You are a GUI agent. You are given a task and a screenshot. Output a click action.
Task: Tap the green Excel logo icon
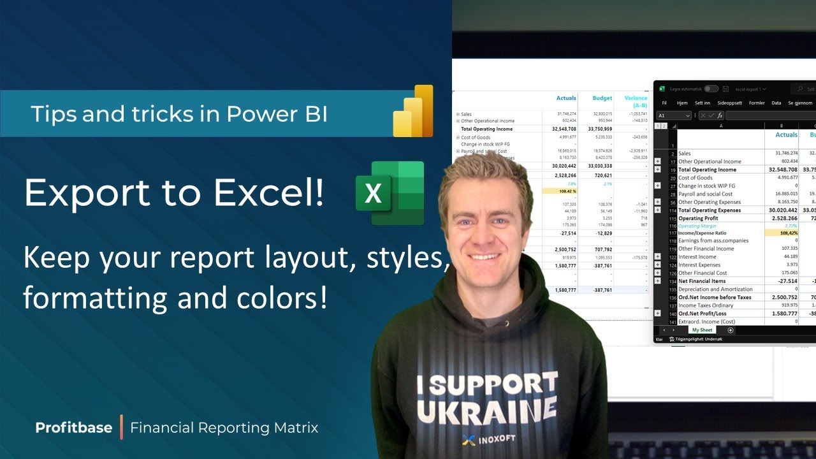tap(390, 193)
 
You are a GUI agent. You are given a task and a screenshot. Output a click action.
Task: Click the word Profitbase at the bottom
tap(73, 427)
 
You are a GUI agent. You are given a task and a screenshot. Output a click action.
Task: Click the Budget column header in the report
tap(602, 98)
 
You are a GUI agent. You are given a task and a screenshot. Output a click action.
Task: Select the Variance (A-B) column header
tap(636, 101)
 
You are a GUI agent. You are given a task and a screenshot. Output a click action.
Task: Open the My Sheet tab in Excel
tap(702, 330)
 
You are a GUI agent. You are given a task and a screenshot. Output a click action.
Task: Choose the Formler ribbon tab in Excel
tap(757, 103)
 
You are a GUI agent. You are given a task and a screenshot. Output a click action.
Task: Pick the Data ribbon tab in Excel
tap(776, 103)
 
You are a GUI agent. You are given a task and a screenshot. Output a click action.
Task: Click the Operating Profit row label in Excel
tap(700, 218)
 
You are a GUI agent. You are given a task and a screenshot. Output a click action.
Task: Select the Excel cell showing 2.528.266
tap(782, 218)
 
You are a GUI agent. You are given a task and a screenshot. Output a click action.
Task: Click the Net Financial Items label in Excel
tap(702, 281)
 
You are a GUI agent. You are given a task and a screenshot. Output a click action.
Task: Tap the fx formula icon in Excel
tap(719, 115)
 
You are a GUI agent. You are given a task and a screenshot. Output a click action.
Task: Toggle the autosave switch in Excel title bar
tap(711, 89)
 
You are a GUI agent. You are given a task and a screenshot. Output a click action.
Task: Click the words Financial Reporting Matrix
tap(224, 427)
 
